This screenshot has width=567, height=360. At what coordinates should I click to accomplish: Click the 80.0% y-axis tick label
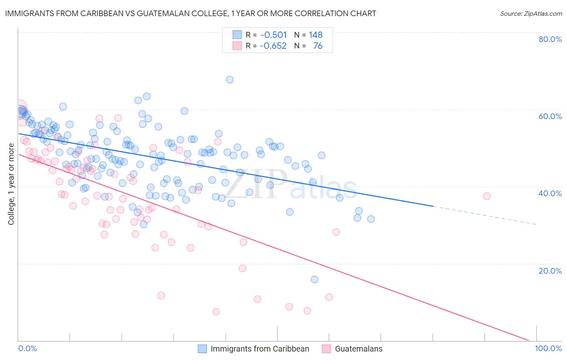point(550,39)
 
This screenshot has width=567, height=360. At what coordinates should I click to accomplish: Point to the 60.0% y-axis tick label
point(550,116)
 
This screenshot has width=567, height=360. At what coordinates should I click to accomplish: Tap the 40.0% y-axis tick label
point(550,193)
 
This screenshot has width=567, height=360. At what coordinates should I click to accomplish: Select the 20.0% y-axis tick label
point(550,270)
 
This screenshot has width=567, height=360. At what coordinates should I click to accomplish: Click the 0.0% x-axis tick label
point(27,349)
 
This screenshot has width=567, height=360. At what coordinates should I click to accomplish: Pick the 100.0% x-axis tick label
point(548,349)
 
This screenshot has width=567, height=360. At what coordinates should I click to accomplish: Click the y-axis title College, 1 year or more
point(11,184)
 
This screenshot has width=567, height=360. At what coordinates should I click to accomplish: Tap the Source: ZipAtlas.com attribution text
point(531,13)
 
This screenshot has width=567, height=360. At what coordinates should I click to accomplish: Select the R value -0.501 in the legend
point(273,35)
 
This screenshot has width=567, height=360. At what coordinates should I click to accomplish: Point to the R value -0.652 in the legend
point(273,46)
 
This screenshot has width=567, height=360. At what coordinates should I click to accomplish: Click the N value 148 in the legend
point(315,35)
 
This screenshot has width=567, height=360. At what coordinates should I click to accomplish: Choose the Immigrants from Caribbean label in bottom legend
point(260,349)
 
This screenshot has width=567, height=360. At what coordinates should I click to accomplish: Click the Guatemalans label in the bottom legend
point(359,349)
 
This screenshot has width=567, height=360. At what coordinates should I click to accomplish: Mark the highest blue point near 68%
point(230,80)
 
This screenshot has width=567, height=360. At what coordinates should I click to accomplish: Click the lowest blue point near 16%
point(315,279)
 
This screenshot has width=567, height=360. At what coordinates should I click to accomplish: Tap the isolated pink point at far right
point(487,196)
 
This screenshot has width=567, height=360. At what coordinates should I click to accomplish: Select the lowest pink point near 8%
point(216,312)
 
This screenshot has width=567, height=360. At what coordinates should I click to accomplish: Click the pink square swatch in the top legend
point(237,46)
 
